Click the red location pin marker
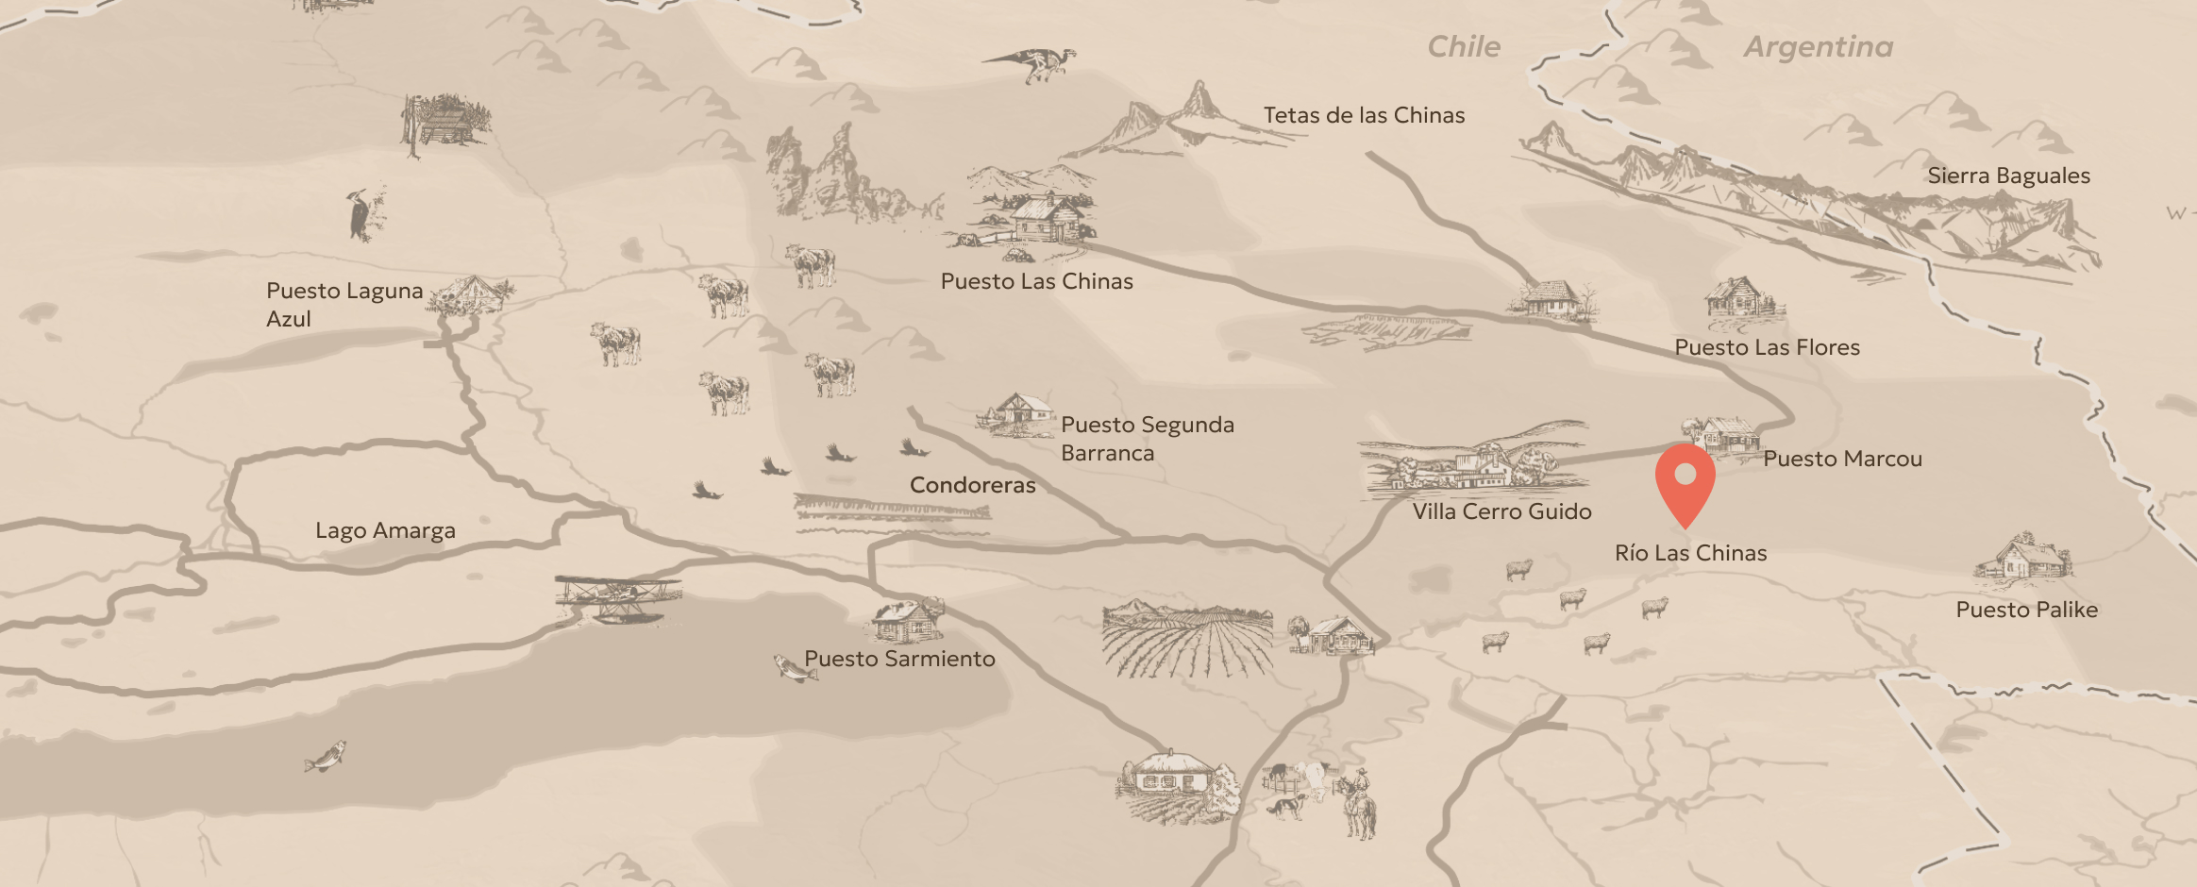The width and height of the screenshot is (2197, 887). point(1685,482)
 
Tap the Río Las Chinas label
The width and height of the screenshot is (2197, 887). point(1690,553)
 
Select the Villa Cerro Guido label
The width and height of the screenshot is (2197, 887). point(1501,511)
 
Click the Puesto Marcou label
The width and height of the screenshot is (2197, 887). point(1842,459)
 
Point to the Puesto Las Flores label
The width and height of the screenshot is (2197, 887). point(1767,347)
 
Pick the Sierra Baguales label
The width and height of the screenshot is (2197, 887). point(2008,176)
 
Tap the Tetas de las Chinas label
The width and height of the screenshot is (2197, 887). point(1364,115)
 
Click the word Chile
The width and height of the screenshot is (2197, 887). point(1463,47)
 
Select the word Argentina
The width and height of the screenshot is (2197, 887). point(1818,47)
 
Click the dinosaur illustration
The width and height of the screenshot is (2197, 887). point(1033,64)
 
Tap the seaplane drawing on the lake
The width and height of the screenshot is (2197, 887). point(618,597)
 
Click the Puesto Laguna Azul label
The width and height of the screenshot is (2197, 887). point(344,304)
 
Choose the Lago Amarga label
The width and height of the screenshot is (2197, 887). point(385,530)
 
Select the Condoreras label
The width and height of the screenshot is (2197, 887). point(972,485)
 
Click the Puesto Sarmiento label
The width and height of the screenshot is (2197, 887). point(899,659)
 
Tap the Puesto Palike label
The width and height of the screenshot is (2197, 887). point(2026,610)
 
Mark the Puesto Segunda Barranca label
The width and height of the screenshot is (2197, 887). point(1147,439)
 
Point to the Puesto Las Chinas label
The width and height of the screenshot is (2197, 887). point(1036,281)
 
